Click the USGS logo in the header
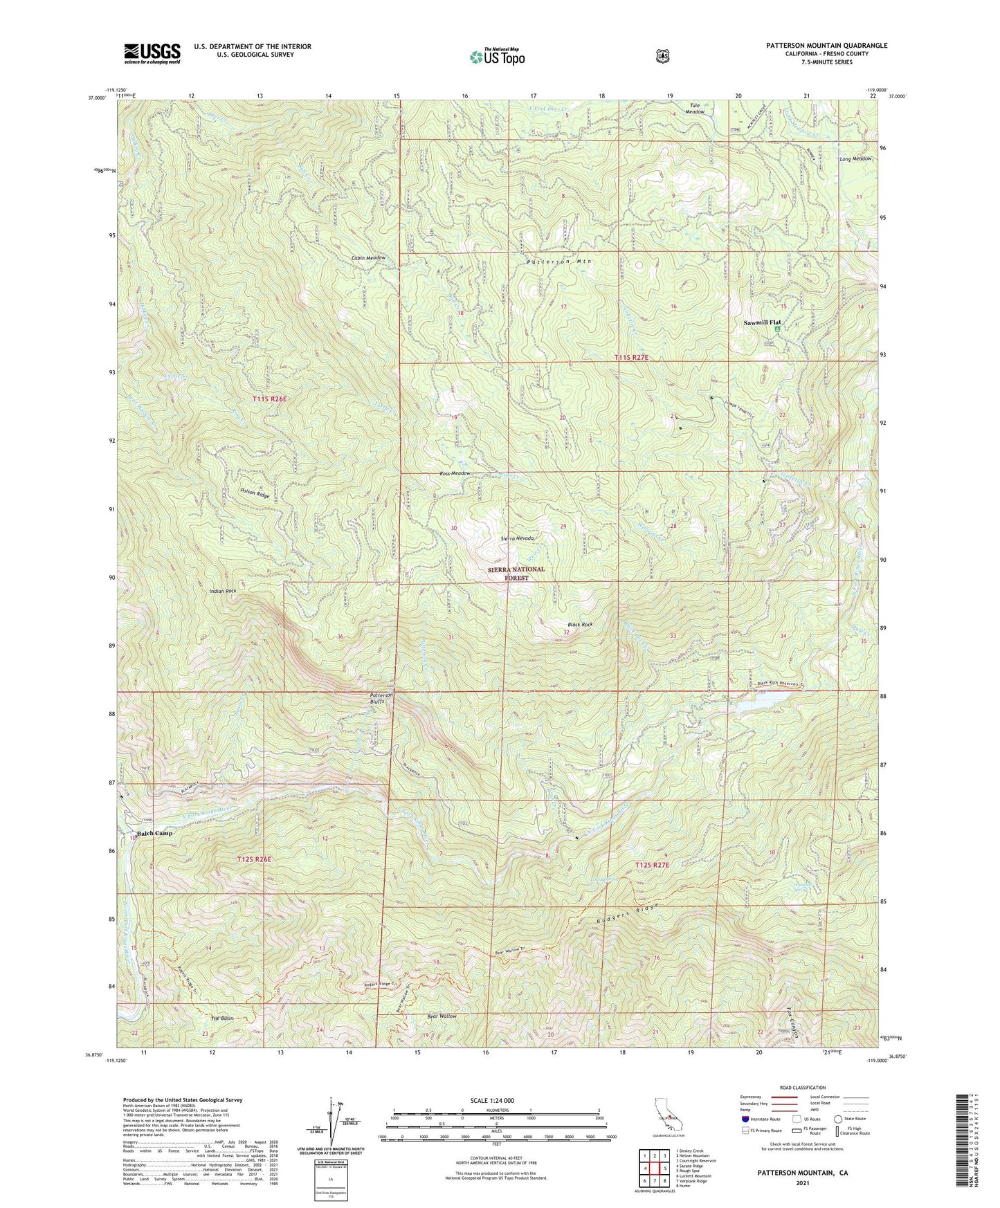pyautogui.click(x=152, y=53)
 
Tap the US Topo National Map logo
pyautogui.click(x=497, y=56)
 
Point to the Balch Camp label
pyautogui.click(x=154, y=833)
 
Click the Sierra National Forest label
pyautogui.click(x=517, y=573)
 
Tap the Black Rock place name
pyautogui.click(x=579, y=624)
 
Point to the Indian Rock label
pyautogui.click(x=222, y=591)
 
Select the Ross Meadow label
pyautogui.click(x=455, y=473)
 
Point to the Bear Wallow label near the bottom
pyautogui.click(x=442, y=1016)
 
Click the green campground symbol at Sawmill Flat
pyautogui.click(x=777, y=330)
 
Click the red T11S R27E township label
pyautogui.click(x=631, y=357)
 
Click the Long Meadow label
pyautogui.click(x=855, y=159)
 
